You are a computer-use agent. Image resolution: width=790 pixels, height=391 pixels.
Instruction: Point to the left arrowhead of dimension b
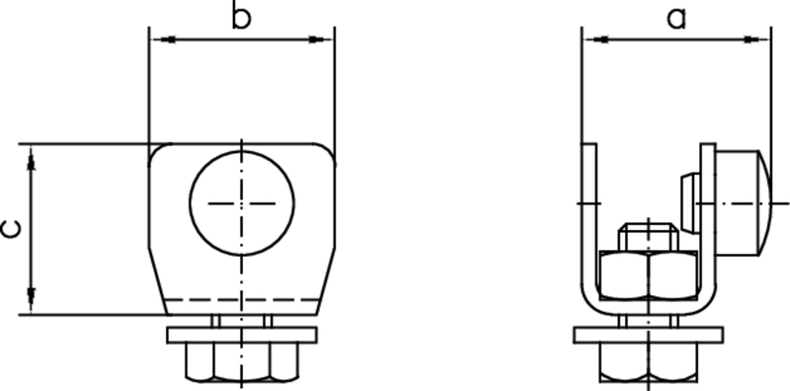pos(160,39)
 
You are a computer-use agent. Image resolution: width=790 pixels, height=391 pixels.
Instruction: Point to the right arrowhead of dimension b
pos(322,39)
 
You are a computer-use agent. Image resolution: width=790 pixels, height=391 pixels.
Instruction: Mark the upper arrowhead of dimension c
pos(33,155)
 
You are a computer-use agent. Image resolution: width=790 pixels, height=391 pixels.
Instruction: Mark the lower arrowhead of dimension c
pos(33,302)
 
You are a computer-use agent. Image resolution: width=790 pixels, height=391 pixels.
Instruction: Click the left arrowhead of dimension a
pos(595,39)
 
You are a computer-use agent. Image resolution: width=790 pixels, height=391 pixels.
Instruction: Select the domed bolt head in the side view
pos(743,200)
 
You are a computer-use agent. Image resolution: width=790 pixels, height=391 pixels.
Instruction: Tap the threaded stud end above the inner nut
pos(647,237)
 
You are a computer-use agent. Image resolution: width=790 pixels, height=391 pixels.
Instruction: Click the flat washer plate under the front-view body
pos(242,335)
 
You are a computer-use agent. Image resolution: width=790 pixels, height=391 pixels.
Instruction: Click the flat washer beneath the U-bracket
pos(647,335)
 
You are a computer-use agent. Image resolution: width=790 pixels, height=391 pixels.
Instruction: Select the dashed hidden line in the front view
pos(242,298)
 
